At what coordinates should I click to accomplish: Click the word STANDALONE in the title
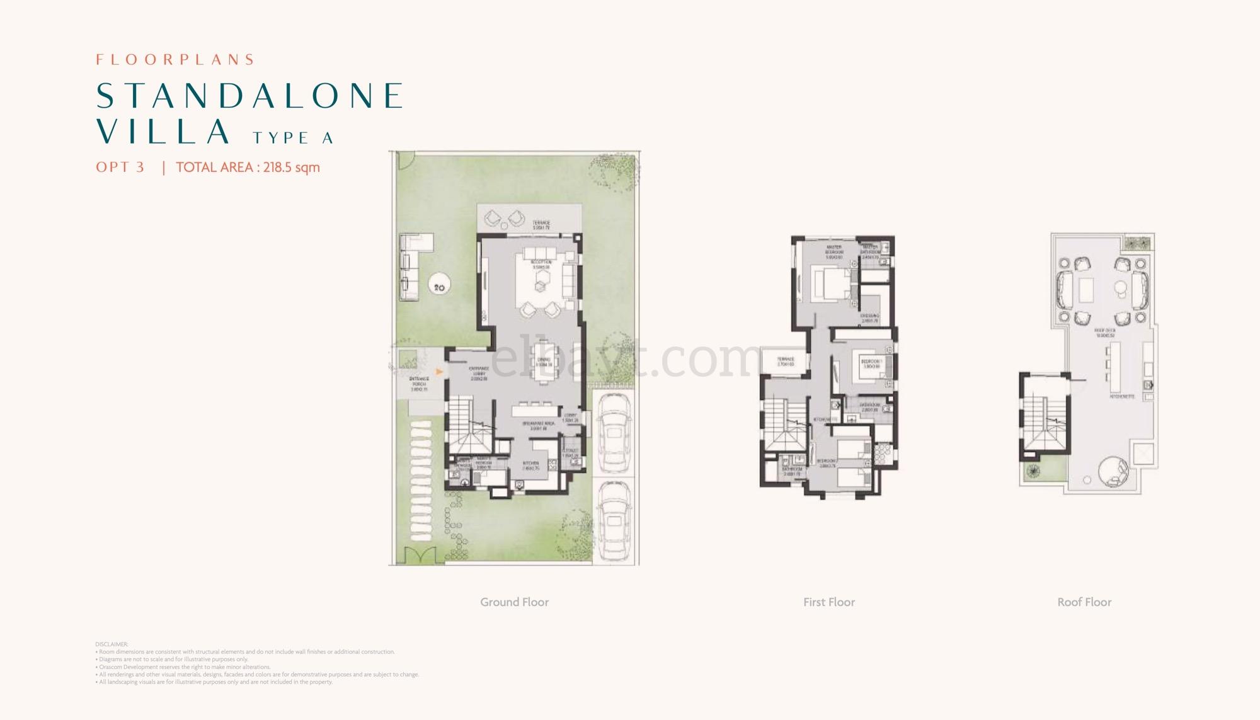tap(249, 96)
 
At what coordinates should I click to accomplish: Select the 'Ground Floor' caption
tap(514, 602)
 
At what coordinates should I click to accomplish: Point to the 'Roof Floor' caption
tap(1084, 602)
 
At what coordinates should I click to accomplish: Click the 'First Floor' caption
tap(828, 602)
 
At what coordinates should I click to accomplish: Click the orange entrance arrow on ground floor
tap(440, 372)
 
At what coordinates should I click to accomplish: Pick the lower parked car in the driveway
tap(614, 522)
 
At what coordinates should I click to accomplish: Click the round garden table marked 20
tap(439, 287)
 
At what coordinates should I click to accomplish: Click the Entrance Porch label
tap(419, 384)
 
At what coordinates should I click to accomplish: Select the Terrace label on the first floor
tap(785, 362)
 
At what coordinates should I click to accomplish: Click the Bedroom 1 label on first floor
tap(871, 363)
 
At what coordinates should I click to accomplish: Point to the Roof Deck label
tap(1104, 333)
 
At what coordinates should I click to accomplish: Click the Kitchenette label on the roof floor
tap(1122, 397)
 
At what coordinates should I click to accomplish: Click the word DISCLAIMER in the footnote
tap(112, 644)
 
